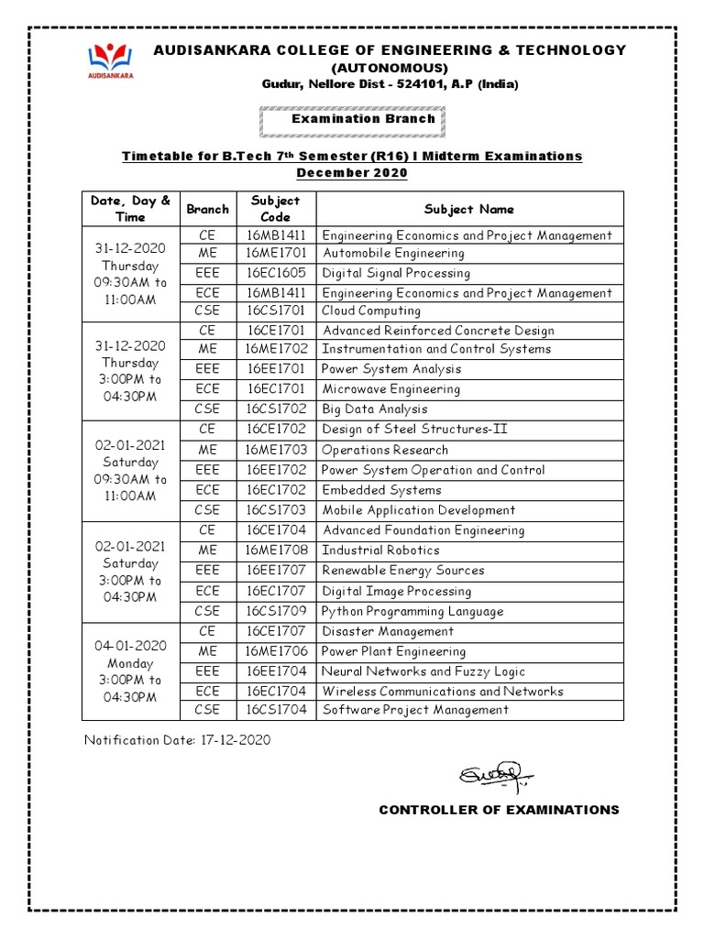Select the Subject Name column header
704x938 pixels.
(x=469, y=209)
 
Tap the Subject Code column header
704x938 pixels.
(x=276, y=209)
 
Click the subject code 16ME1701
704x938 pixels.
(x=276, y=253)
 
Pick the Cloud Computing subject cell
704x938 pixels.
(x=371, y=311)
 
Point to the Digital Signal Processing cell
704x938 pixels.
(x=396, y=273)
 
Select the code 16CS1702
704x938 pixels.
(x=276, y=409)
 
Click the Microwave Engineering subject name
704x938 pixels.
(x=390, y=389)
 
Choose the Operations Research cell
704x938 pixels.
(x=385, y=450)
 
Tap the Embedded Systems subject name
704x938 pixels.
(x=381, y=490)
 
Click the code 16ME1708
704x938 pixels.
(x=276, y=551)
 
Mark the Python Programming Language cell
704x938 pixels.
(x=412, y=611)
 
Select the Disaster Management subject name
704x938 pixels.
(x=388, y=631)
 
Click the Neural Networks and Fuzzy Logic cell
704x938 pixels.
(x=423, y=671)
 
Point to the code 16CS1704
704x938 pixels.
(x=276, y=710)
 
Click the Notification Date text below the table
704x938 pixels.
(x=178, y=740)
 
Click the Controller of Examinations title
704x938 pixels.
(x=499, y=810)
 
